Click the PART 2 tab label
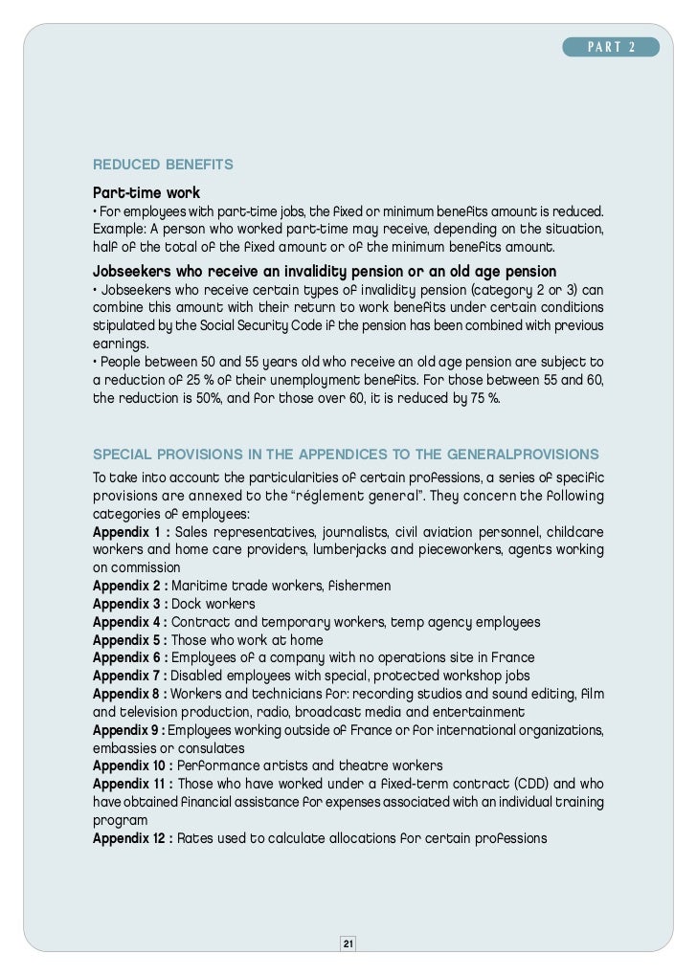[611, 48]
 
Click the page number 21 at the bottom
[348, 944]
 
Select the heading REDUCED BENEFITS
[163, 165]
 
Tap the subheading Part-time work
[146, 192]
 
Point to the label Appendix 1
[130, 531]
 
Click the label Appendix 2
[130, 586]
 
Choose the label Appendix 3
[130, 604]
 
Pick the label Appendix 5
[130, 640]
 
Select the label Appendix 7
[130, 676]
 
